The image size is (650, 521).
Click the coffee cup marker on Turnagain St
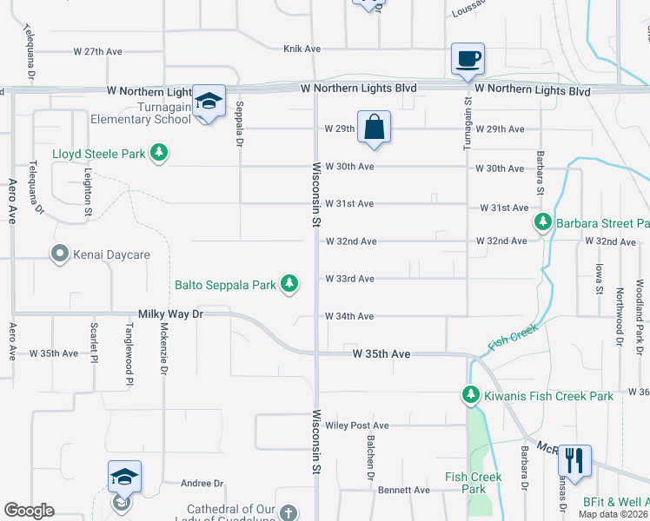pos(468,60)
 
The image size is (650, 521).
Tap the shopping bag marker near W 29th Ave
pos(374,127)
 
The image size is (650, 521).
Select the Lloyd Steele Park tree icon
pos(159,154)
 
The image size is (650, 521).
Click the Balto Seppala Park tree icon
pos(290,284)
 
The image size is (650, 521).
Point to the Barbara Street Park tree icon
pos(543,223)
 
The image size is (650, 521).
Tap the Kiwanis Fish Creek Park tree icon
pos(471,396)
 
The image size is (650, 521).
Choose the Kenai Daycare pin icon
pos(60,254)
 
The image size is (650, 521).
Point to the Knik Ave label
pos(302,49)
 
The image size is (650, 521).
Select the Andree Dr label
pos(202,484)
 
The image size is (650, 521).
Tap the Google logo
pos(29,511)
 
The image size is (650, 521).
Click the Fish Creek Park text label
pos(474,483)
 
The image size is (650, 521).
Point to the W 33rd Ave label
pos(349,279)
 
